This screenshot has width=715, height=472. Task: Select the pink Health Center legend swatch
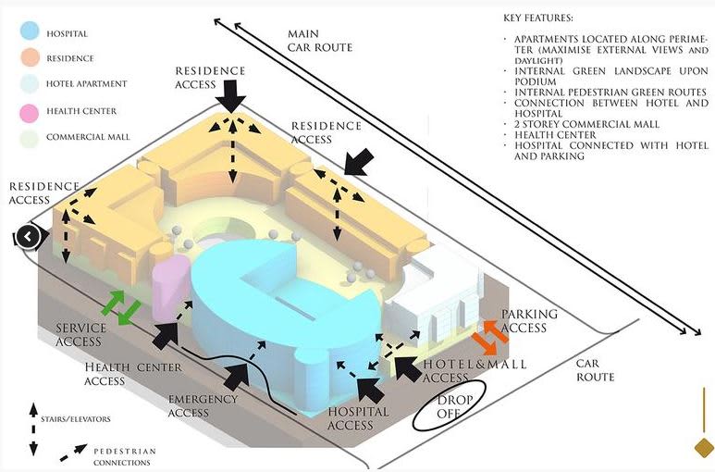[x=31, y=111]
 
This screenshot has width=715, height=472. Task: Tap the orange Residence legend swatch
[x=31, y=57]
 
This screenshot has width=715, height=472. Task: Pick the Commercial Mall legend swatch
[x=31, y=138]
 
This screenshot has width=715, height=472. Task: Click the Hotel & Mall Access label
[x=474, y=370]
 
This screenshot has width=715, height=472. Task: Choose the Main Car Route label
[x=320, y=41]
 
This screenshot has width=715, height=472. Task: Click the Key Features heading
[x=538, y=19]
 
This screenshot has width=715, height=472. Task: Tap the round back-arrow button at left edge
[x=28, y=237]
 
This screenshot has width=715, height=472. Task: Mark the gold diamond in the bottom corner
[x=704, y=449]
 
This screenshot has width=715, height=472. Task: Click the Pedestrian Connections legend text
[x=124, y=456]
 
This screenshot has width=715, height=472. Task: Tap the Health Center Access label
[x=129, y=374]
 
